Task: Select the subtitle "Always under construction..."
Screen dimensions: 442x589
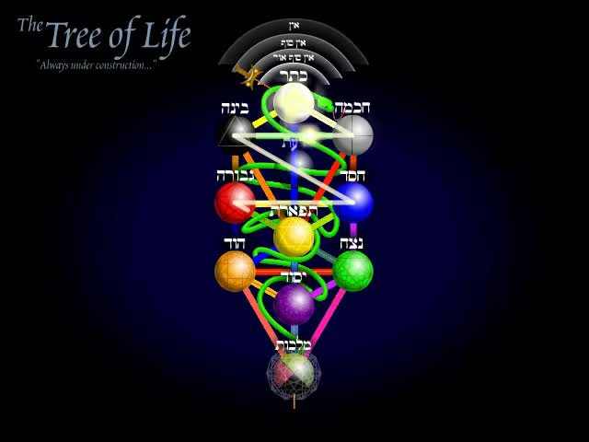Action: [x=95, y=65]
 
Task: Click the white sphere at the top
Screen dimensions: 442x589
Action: [x=294, y=103]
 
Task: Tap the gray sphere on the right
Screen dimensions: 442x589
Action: [x=352, y=135]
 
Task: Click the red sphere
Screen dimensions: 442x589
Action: [x=235, y=203]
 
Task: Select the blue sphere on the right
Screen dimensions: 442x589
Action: [x=352, y=203]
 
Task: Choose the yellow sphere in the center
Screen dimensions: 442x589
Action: [x=294, y=237]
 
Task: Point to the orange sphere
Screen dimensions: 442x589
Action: [x=235, y=271]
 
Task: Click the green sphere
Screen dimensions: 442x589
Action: [x=352, y=271]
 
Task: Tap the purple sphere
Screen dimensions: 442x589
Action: [x=294, y=304]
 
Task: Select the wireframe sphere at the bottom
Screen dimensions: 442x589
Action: [x=294, y=372]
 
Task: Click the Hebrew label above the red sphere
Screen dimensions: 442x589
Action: [x=235, y=175]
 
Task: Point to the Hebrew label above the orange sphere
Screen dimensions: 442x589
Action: [x=235, y=242]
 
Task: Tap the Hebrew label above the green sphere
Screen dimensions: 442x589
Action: [x=351, y=243]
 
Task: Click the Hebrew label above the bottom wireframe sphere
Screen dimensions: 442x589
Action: [x=294, y=344]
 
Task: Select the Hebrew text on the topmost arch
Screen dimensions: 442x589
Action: [x=294, y=26]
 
